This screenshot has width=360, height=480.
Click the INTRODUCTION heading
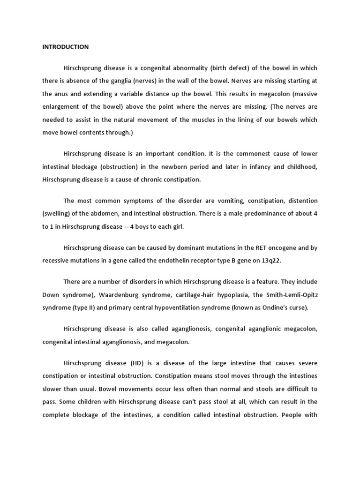[65, 47]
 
